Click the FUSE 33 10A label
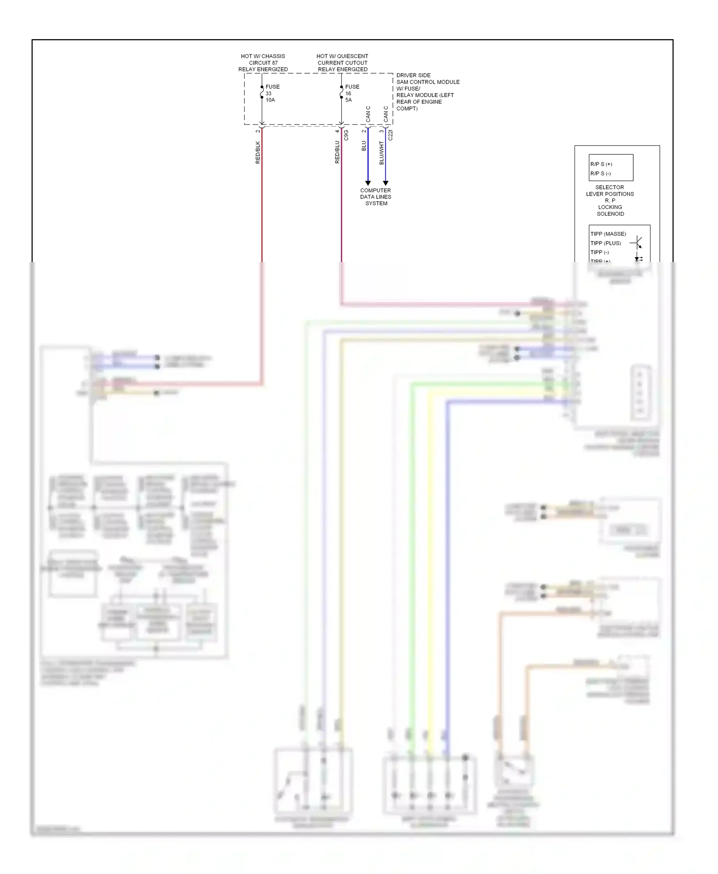[272, 93]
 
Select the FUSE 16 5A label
[352, 93]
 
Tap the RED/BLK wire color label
[258, 152]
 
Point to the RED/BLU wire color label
[337, 152]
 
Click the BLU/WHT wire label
[381, 153]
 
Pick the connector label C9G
[346, 135]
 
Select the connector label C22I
[390, 135]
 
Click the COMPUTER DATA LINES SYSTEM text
[376, 197]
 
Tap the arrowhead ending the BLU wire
[368, 183]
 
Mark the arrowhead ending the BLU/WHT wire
[385, 183]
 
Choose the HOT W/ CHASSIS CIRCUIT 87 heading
[263, 63]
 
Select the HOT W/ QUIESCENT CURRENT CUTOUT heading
[342, 63]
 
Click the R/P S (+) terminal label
[601, 164]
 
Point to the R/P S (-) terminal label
[600, 174]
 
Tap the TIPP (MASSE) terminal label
[608, 234]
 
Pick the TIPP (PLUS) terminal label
[606, 243]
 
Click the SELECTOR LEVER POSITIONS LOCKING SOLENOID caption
[610, 201]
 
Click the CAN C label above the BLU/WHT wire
[386, 114]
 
